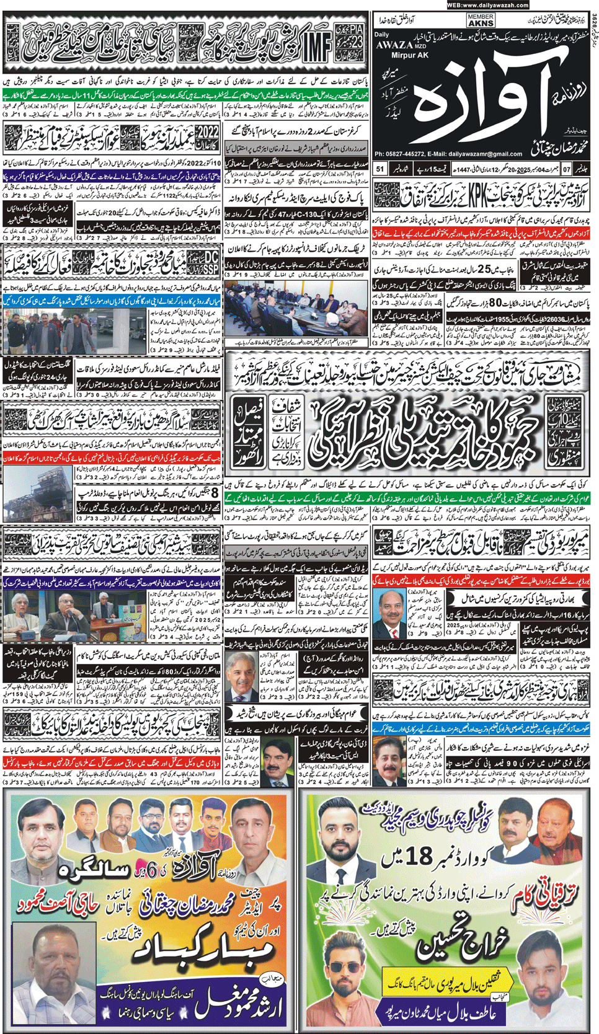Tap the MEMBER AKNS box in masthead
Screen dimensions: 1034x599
point(481,20)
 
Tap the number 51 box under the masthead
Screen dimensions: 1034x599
point(380,169)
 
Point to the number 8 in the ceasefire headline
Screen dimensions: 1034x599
point(214,493)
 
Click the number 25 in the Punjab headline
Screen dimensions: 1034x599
point(484,270)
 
